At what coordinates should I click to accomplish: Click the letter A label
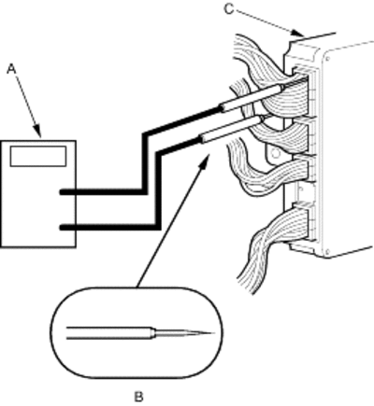[x=11, y=69]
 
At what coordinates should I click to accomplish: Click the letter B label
[x=138, y=397]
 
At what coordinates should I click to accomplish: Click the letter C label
[x=229, y=9]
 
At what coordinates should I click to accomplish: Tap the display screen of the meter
[x=38, y=156]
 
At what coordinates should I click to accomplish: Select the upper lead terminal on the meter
[x=67, y=192]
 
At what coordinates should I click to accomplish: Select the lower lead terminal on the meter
[x=67, y=228]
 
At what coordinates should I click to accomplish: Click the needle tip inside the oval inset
[x=213, y=333]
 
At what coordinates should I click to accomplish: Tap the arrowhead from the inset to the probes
[x=205, y=161]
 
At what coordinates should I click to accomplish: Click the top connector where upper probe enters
[x=304, y=91]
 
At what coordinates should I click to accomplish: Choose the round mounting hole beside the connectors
[x=275, y=153]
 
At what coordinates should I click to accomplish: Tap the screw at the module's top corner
[x=327, y=59]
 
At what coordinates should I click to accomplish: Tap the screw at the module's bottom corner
[x=327, y=251]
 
